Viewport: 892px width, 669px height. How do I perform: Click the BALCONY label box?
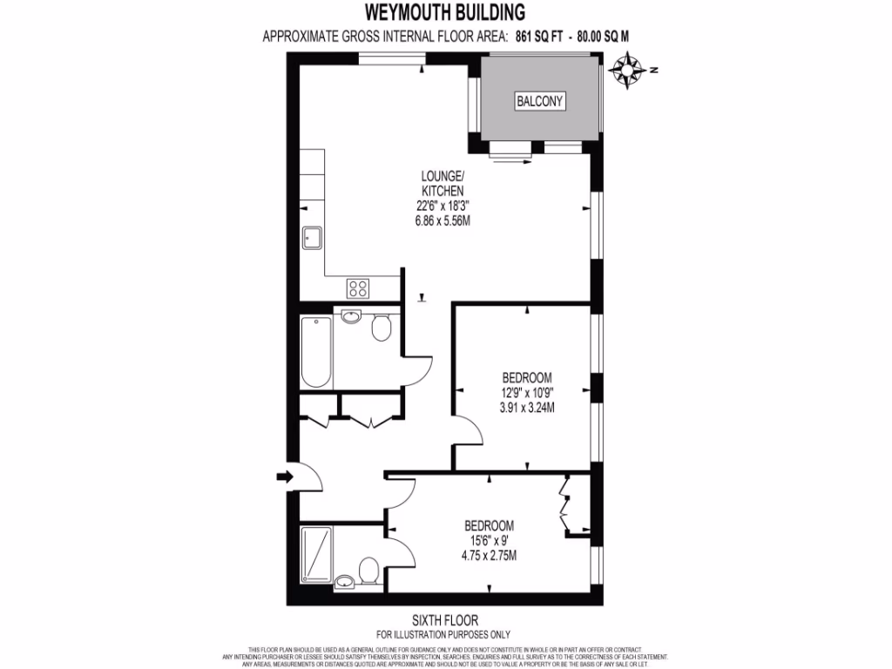point(540,102)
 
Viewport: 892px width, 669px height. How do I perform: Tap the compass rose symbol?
point(628,71)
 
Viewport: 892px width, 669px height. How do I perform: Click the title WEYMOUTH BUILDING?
point(445,12)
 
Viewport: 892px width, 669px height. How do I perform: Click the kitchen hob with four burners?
point(358,287)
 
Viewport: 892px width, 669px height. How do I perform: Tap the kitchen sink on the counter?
point(312,238)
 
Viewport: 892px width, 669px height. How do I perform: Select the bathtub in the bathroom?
point(316,352)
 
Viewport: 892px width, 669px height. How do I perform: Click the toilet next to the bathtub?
point(380,328)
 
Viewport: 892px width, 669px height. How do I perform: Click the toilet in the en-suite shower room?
point(368,571)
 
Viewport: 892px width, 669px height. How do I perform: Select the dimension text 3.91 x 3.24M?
point(528,407)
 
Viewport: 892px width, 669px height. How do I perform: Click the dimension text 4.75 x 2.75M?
point(489,555)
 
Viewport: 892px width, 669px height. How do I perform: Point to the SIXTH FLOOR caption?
point(444,620)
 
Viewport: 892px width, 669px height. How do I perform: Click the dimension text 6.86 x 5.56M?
point(443,220)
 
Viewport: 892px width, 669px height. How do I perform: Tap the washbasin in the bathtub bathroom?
point(352,317)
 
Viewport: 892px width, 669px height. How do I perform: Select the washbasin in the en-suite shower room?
point(344,581)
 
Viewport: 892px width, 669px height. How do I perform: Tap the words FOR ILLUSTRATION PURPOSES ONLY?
point(444,634)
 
